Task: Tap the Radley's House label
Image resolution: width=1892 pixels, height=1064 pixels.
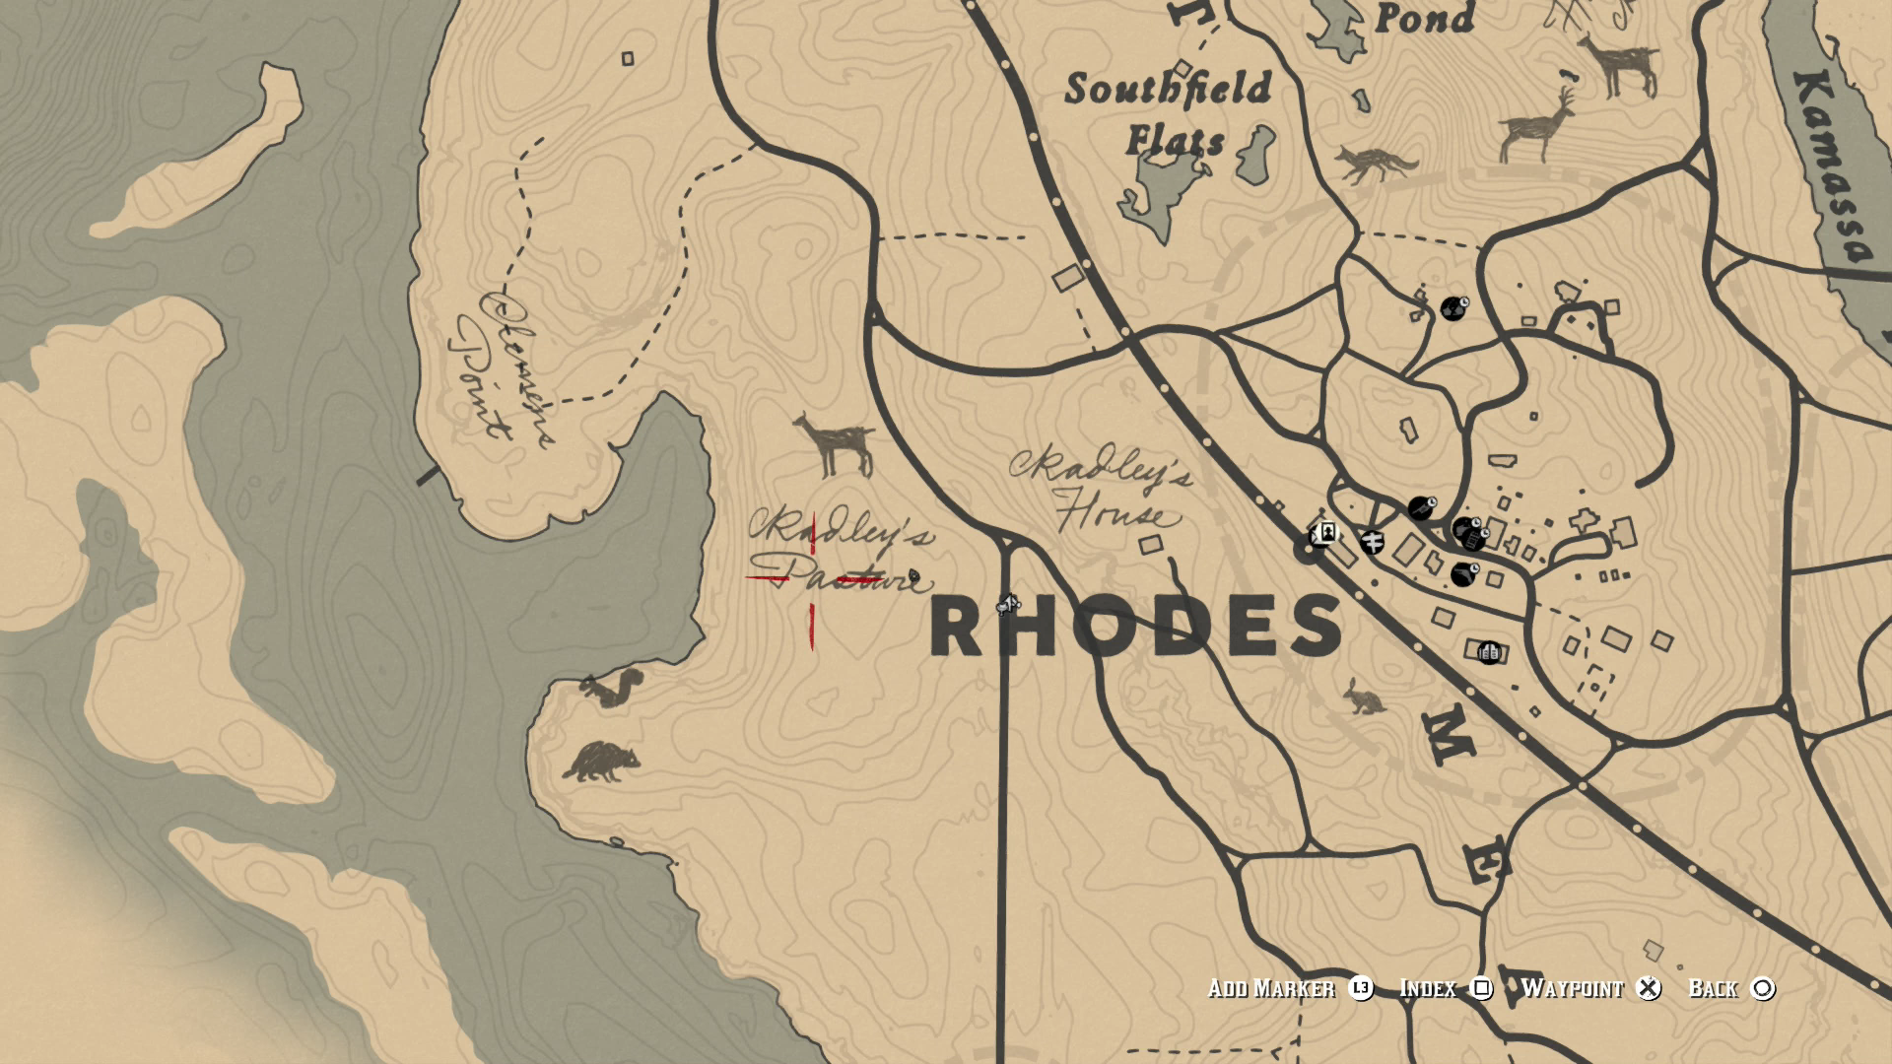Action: (1102, 490)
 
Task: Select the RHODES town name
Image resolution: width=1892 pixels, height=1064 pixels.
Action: (1135, 628)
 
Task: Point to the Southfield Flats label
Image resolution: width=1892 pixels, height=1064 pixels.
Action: (1169, 113)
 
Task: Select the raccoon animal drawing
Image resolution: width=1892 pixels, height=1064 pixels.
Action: (601, 762)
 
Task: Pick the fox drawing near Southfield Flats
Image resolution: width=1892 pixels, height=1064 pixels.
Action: (1376, 165)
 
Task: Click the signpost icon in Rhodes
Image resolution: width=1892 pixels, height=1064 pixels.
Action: (1372, 540)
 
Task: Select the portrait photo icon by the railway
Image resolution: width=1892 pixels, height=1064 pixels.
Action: (1327, 533)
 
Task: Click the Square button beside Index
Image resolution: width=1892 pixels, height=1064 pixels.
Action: (1481, 988)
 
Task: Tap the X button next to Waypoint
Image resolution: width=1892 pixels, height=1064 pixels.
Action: (1649, 988)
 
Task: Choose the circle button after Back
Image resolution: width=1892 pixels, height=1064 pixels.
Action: (1763, 988)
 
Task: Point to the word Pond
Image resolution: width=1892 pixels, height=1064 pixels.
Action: (1424, 18)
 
